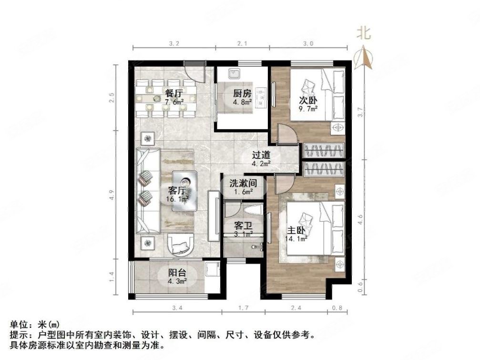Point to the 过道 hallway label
pyautogui.click(x=261, y=155)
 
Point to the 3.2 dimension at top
pyautogui.click(x=174, y=44)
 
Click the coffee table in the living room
pyautogui.click(x=184, y=189)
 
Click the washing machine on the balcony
pyautogui.click(x=210, y=269)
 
